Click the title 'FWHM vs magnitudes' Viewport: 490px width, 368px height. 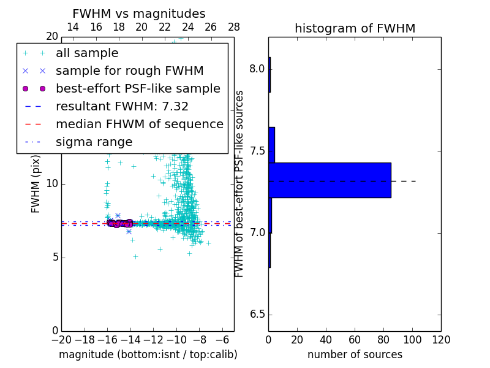138,13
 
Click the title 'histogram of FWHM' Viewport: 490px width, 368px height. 355,28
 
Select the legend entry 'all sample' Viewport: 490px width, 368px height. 87,53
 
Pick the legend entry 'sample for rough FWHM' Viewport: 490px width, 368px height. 129,71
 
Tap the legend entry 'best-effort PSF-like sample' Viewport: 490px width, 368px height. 138,89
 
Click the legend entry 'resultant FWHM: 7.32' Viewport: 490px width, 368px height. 122,107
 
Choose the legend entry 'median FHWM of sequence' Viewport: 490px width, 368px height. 139,125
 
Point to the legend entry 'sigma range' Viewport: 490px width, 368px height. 94,142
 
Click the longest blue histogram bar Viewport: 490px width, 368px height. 330,180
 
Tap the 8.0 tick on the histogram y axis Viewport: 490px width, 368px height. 257,69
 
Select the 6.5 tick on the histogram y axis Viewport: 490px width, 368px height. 257,315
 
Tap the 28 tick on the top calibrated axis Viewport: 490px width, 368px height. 234,27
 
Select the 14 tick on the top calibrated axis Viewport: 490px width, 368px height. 72,27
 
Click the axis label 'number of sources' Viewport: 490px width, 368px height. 355,355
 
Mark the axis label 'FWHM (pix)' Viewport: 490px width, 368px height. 36,183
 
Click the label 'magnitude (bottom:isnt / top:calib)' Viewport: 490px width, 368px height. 148,355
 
